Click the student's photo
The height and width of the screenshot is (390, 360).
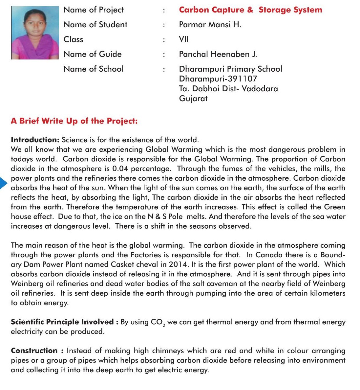[35, 33]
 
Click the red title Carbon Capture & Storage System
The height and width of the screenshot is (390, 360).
[250, 10]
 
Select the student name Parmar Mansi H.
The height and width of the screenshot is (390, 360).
[210, 25]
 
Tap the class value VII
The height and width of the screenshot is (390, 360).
[184, 39]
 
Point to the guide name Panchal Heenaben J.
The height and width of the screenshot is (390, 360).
[218, 54]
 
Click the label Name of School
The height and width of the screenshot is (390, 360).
[94, 69]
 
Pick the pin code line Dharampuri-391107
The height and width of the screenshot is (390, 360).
[218, 79]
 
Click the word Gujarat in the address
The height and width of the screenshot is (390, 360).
[193, 99]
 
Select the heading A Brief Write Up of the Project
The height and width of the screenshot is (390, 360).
[74, 121]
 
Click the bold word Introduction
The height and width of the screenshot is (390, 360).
[35, 140]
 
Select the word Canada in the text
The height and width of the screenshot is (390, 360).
[268, 255]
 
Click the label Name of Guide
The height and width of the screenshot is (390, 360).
[93, 54]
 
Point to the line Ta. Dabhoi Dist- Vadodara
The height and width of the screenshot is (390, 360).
[228, 89]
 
